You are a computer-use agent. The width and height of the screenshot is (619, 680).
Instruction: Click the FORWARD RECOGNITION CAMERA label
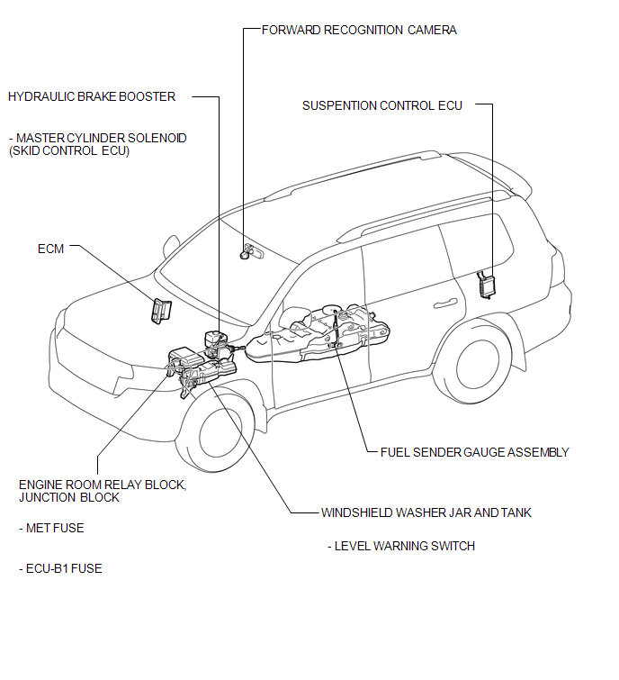[x=359, y=30]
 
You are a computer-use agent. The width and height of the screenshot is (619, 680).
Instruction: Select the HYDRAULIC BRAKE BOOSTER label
[x=92, y=96]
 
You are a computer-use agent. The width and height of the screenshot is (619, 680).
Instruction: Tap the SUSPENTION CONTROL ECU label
[x=382, y=105]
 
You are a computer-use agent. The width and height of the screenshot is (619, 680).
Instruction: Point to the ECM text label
[x=50, y=249]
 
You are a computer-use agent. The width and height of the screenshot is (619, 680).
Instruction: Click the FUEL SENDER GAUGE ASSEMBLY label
[x=474, y=452]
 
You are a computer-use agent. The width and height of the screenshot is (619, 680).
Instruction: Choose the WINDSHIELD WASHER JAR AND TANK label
[x=426, y=512]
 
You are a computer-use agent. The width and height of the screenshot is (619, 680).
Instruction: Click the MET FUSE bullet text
[x=51, y=528]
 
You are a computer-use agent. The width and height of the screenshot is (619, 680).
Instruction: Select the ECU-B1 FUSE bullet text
[x=60, y=568]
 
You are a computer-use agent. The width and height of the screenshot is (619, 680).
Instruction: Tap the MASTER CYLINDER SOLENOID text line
[x=98, y=139]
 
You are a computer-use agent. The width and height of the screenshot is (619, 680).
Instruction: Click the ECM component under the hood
[x=161, y=311]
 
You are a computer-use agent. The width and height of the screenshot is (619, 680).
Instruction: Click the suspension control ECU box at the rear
[x=486, y=285]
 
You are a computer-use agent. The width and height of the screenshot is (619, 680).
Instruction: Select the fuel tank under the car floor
[x=318, y=334]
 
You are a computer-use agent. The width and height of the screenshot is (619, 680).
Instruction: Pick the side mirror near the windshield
[x=171, y=246]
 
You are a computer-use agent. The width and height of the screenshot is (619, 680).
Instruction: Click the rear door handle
[x=445, y=304]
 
